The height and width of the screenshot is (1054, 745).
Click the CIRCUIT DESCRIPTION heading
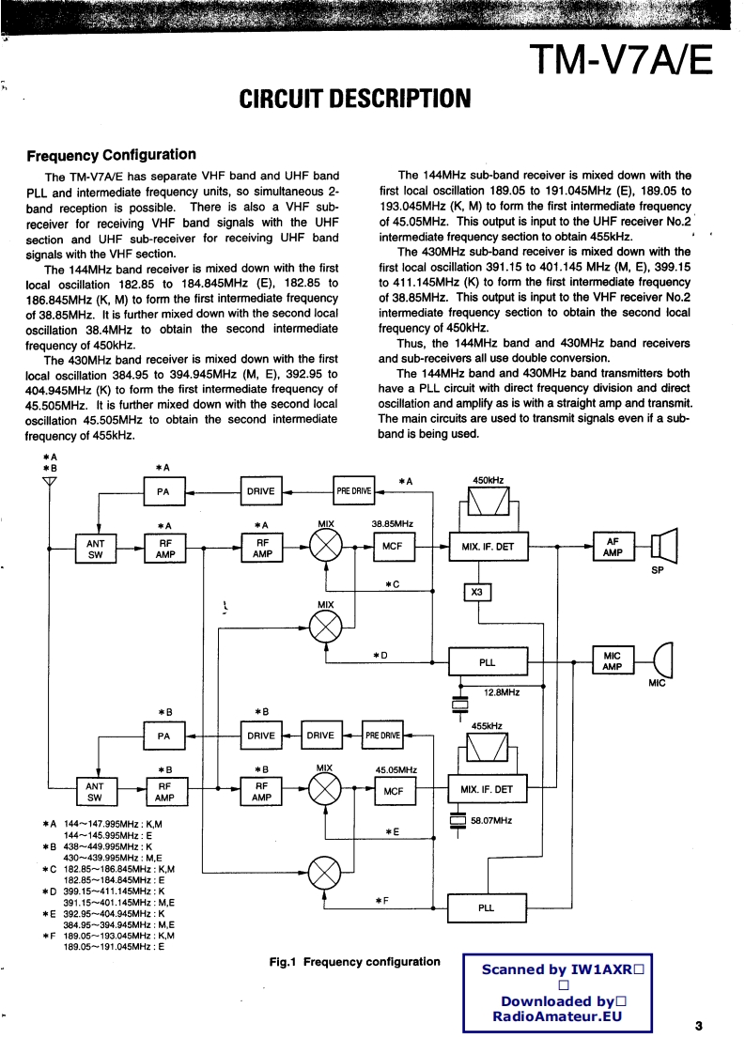(x=355, y=99)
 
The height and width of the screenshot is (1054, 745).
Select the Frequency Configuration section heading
(x=111, y=155)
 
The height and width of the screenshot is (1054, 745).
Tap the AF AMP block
(x=613, y=548)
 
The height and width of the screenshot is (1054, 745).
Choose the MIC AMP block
(x=612, y=661)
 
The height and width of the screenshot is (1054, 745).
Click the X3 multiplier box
(x=477, y=592)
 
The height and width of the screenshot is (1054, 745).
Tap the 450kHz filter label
(x=489, y=480)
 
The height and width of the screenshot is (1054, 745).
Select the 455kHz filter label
(x=487, y=726)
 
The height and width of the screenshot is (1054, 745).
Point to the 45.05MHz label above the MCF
(x=396, y=770)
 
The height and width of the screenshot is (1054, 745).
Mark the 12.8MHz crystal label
(x=502, y=692)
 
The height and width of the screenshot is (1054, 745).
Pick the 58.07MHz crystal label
(x=491, y=820)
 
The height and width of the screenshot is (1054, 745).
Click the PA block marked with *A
(x=163, y=490)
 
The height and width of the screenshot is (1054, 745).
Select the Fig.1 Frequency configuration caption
(x=354, y=961)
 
